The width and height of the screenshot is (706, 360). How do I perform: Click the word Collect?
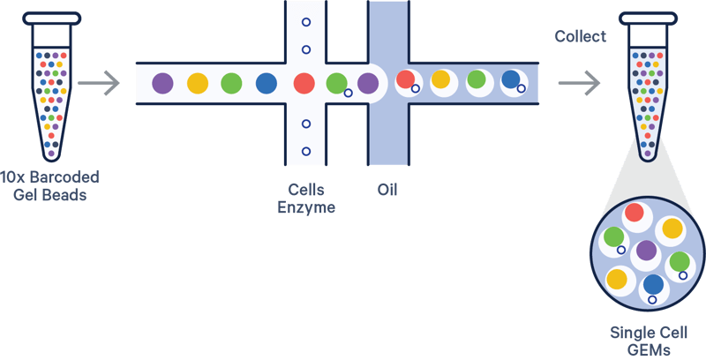click(580, 36)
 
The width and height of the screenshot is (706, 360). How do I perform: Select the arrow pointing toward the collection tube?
click(580, 85)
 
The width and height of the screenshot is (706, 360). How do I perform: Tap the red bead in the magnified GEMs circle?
click(635, 213)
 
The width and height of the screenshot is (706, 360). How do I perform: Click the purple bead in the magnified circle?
click(647, 251)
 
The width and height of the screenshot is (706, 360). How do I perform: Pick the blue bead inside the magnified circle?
click(653, 284)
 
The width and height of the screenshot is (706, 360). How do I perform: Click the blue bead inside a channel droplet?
click(510, 79)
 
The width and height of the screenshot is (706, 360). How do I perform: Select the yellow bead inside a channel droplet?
click(440, 79)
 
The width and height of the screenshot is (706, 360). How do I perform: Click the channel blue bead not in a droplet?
click(266, 84)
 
